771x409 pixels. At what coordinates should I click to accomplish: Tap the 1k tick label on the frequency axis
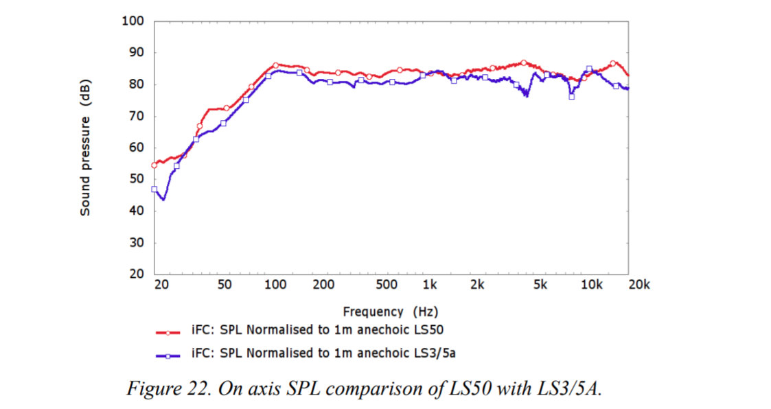430,285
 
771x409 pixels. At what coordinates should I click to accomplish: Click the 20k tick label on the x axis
638,285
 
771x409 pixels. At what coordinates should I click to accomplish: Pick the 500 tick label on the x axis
387,285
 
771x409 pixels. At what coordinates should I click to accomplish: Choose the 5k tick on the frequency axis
540,285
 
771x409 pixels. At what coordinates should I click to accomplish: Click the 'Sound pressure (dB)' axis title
85,148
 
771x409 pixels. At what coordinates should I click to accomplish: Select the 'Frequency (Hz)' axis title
391,311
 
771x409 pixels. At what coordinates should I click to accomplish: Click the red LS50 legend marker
168,331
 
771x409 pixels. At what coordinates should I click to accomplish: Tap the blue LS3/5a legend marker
168,355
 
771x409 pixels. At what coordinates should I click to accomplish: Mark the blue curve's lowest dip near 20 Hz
163,200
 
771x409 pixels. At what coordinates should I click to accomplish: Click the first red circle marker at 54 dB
154,165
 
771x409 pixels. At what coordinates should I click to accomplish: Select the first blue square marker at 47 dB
154,189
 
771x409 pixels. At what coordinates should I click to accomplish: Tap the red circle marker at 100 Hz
275,65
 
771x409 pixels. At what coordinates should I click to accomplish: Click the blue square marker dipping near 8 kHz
571,97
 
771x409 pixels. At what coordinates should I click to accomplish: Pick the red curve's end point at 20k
628,75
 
